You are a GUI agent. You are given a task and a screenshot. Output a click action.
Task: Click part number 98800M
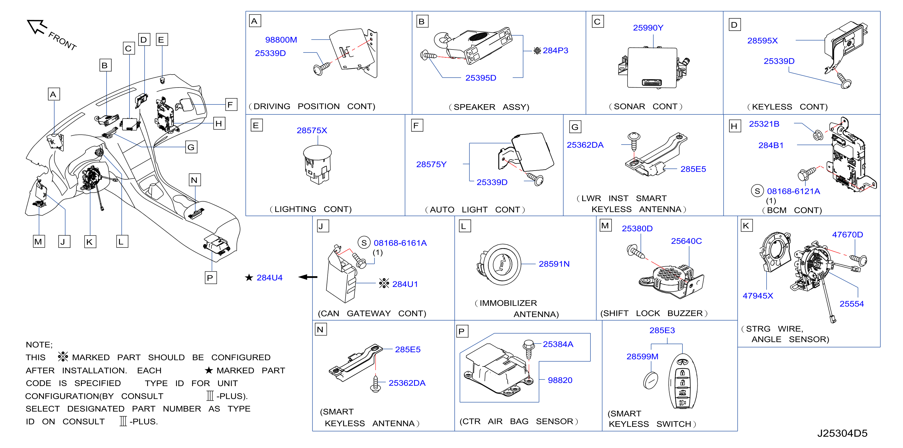(x=281, y=40)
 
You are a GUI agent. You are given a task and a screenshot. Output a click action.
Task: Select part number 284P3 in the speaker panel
(x=555, y=50)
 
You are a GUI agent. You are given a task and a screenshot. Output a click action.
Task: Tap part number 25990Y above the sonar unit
(x=648, y=28)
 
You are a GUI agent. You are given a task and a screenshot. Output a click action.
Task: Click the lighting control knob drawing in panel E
(x=317, y=164)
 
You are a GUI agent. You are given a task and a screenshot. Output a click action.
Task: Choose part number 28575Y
(x=431, y=164)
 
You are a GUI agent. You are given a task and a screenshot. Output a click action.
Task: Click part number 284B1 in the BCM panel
(x=770, y=146)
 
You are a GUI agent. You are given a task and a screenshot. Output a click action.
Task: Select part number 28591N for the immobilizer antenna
(x=554, y=264)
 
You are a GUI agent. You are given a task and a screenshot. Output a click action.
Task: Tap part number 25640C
(x=686, y=241)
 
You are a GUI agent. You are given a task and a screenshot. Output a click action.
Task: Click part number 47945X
(x=757, y=296)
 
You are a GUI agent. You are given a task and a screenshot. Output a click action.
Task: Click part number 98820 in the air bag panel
(x=560, y=380)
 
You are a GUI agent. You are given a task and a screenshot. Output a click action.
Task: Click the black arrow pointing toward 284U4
(x=308, y=277)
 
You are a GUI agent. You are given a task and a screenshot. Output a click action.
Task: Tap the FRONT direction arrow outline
(x=37, y=27)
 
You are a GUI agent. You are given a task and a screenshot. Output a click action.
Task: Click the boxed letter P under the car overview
(x=210, y=278)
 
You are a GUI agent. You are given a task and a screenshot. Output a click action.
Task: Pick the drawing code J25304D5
(x=842, y=433)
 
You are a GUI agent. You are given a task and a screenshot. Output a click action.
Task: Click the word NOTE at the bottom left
(x=39, y=344)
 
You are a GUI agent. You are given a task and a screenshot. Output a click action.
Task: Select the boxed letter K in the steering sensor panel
(x=746, y=226)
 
